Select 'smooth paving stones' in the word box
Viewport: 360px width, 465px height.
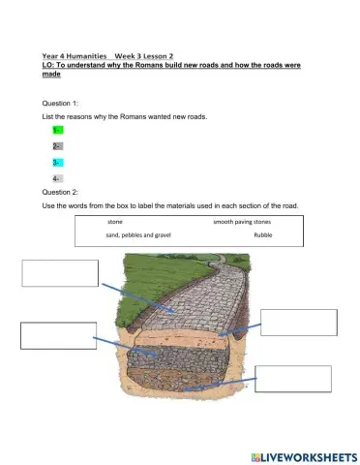pos(242,222)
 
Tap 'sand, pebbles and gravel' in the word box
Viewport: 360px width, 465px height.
pos(138,235)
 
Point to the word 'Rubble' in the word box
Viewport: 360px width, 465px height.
pos(263,235)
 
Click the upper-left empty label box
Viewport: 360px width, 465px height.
pos(58,272)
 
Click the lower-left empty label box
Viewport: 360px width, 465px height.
pos(57,334)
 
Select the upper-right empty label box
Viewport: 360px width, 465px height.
pos(299,322)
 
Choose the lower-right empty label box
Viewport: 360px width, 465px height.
pos(294,379)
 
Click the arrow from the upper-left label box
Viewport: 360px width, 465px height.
pos(136,294)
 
